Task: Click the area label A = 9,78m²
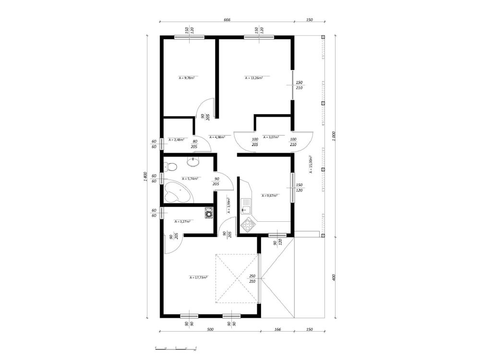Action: click(x=186, y=77)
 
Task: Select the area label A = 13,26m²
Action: click(x=253, y=77)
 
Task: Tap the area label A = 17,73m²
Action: click(x=198, y=277)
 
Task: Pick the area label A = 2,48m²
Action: click(x=176, y=140)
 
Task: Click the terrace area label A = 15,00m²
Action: click(x=311, y=164)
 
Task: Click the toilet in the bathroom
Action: click(x=170, y=167)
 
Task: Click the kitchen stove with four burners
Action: click(x=248, y=223)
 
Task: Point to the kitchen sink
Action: click(x=246, y=206)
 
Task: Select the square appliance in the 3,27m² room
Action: click(x=208, y=212)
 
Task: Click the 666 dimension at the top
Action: click(x=227, y=20)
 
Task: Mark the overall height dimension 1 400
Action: click(x=144, y=177)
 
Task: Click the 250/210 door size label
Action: click(x=252, y=278)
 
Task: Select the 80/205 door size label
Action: click(x=195, y=144)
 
